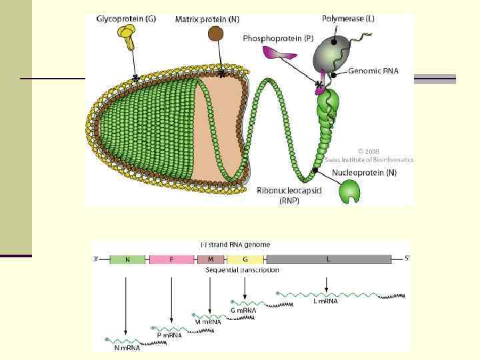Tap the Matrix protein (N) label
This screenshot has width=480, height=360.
click(x=207, y=19)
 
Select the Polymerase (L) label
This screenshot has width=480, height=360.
click(x=348, y=19)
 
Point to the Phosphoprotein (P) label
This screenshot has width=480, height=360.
click(x=278, y=39)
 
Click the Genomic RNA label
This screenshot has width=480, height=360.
click(x=373, y=71)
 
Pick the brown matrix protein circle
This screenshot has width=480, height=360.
click(x=217, y=35)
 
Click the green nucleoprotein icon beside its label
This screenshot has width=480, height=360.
click(x=349, y=191)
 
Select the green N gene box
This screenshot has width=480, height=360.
click(x=127, y=259)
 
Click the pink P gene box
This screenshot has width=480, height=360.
click(x=171, y=259)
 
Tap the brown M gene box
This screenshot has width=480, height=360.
click(x=211, y=259)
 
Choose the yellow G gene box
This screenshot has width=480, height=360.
click(x=245, y=259)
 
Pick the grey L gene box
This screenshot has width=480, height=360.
click(x=328, y=259)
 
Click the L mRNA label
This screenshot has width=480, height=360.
click(x=325, y=301)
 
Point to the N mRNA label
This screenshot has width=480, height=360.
click(x=127, y=347)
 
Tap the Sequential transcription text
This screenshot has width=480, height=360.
click(x=242, y=270)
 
